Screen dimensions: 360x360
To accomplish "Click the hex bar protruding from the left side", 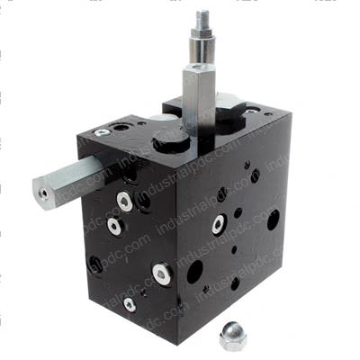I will click(x=68, y=180).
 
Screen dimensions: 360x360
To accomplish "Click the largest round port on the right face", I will click(x=273, y=219).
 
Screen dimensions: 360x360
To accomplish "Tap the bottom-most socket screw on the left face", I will click(x=130, y=304).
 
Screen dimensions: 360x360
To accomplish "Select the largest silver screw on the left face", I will click(x=162, y=273).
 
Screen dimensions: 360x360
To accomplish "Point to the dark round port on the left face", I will click(x=95, y=265).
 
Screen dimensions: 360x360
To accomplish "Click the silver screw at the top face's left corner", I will click(x=101, y=131).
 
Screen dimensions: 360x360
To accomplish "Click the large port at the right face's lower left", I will click(x=193, y=272).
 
